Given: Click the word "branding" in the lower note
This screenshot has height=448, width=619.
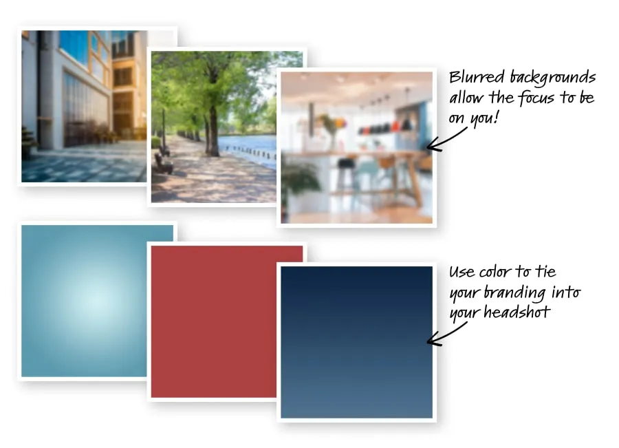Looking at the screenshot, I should point(515,293).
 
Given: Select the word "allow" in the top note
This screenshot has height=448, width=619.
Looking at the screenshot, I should point(467,98).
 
